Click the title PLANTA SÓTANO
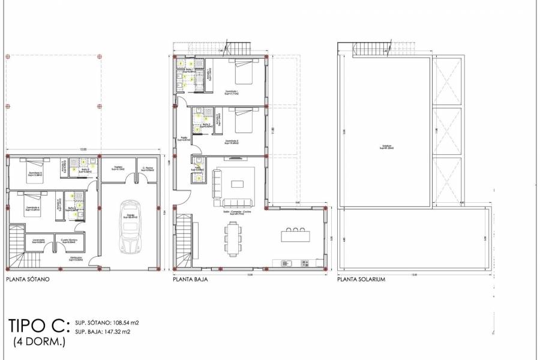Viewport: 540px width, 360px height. tap(27, 280)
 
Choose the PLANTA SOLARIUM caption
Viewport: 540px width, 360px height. tap(361, 280)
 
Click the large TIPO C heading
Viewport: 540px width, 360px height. tap(37, 326)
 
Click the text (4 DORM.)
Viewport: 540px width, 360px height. tap(39, 343)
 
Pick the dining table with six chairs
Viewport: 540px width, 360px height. tap(233, 237)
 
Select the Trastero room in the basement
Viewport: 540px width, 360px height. tap(118, 169)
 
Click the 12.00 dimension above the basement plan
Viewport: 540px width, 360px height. tap(83, 149)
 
